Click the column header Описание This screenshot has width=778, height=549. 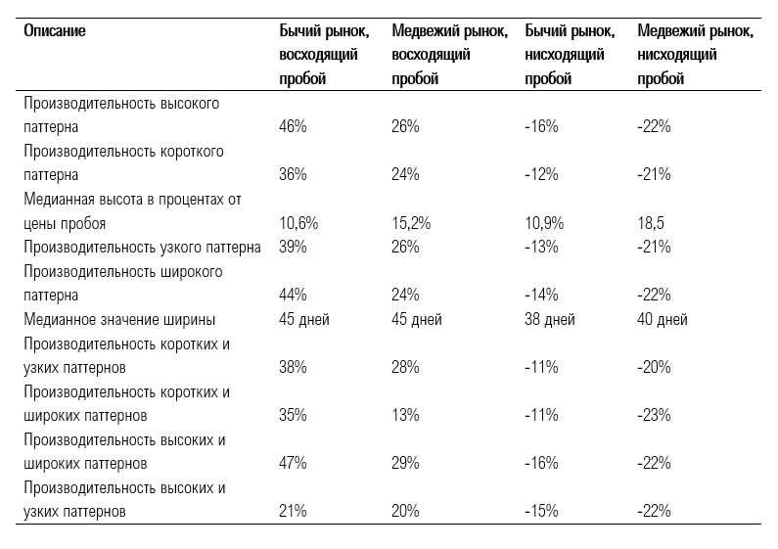[55, 30]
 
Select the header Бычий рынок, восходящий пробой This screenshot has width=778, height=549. [324, 55]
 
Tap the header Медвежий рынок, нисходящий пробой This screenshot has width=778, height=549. [695, 55]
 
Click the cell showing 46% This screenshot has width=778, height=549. [293, 126]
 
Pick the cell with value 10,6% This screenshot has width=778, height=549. [298, 223]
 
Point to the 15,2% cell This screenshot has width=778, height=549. [411, 223]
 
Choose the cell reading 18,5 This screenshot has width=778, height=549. [651, 223]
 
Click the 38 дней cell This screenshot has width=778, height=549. [550, 319]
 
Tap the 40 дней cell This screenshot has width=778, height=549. [663, 319]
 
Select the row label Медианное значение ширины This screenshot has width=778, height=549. [119, 319]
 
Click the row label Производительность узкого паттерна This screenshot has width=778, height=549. [142, 248]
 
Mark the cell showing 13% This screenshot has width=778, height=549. [405, 415]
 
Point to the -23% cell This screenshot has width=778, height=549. [654, 415]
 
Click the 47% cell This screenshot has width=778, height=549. [293, 463]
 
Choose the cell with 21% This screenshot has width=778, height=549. [293, 511]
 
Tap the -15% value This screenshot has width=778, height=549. [541, 511]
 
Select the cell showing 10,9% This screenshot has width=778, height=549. [544, 223]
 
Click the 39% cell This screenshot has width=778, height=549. [293, 247]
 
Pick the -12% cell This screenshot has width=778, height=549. [541, 175]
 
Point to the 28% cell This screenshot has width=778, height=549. [405, 367]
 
